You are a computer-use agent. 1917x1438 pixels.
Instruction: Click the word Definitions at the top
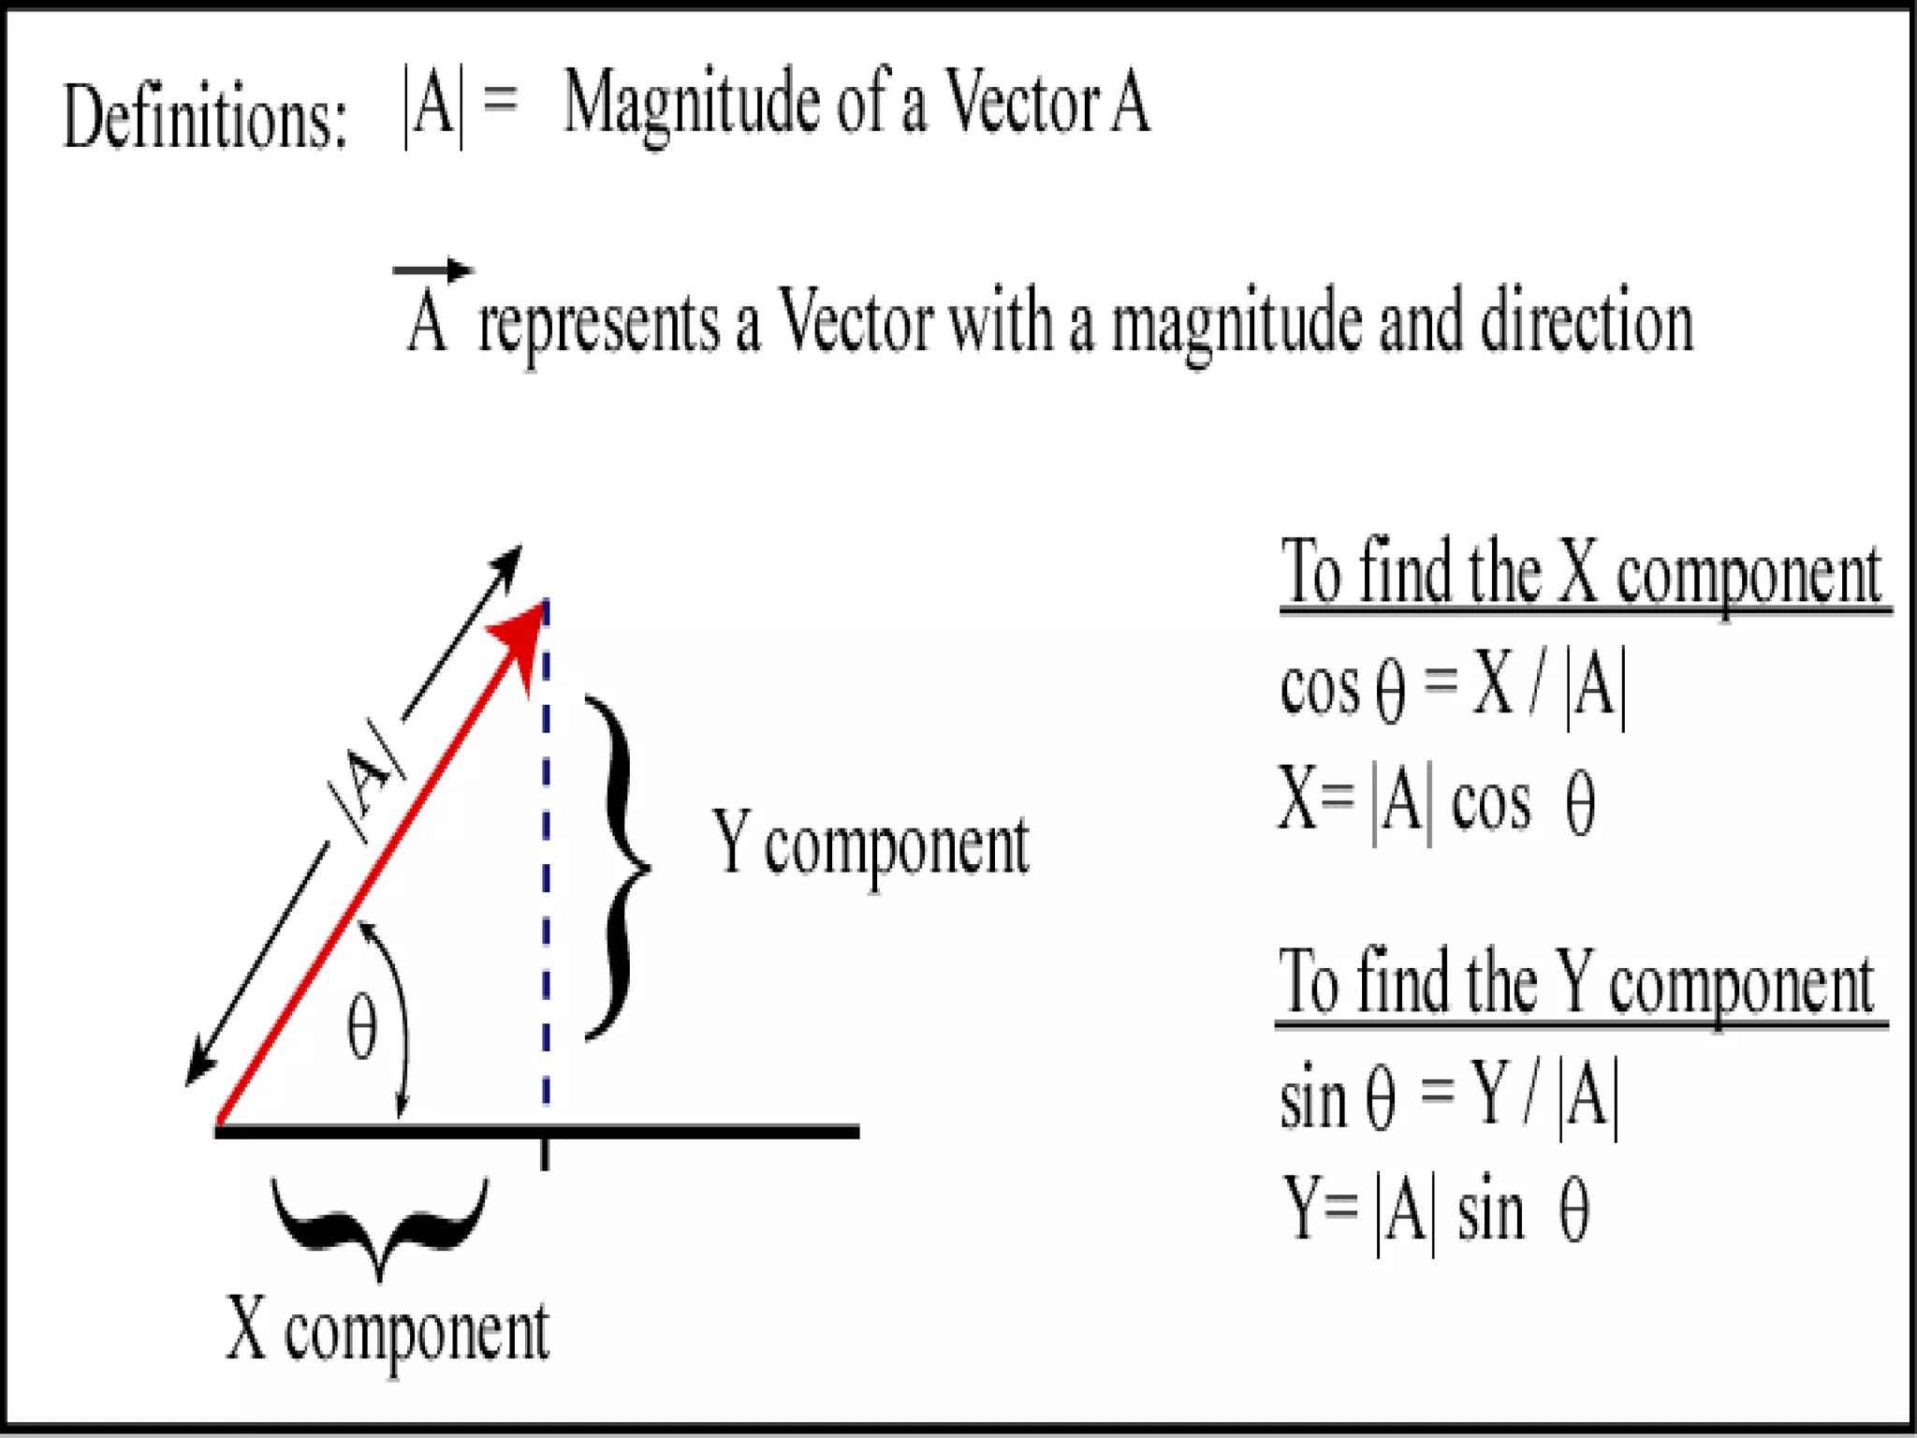[x=204, y=117]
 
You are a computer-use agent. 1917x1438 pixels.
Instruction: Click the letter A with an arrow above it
[x=429, y=318]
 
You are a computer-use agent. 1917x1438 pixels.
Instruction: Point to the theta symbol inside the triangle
[x=362, y=1028]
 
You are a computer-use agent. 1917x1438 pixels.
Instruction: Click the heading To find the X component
[x=1581, y=573]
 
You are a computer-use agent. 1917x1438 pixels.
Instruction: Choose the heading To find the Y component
[x=1577, y=984]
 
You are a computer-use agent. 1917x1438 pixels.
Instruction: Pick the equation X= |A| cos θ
[x=1438, y=803]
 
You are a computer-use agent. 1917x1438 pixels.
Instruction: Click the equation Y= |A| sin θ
[x=1436, y=1211]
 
